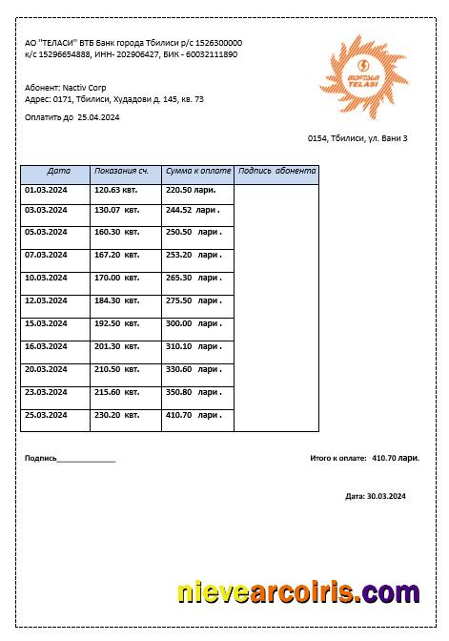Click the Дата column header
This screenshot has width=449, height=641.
58,172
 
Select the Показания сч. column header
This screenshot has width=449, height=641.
121,172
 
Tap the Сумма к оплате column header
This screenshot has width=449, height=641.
198,172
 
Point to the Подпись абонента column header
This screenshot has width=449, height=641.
276,172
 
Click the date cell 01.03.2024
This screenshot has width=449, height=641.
46,190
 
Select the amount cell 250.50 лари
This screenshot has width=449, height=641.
194,232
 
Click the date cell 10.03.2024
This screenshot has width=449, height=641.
46,278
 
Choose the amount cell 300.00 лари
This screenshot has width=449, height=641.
194,323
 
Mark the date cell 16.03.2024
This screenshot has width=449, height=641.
46,346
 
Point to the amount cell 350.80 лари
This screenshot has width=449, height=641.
194,392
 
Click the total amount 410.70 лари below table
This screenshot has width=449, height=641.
396,458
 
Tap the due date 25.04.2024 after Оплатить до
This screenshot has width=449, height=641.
98,117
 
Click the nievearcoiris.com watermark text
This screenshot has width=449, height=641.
298,592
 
